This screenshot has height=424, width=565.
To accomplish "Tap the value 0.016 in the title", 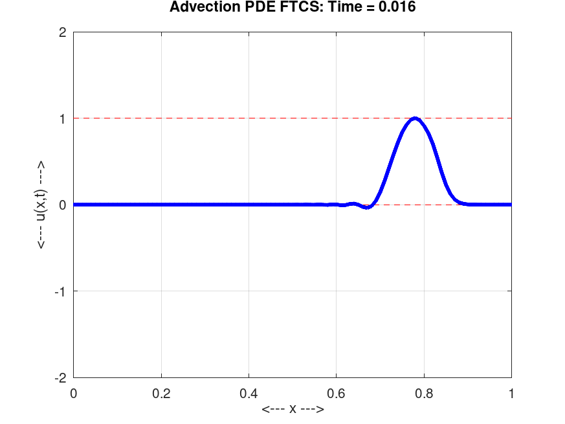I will (395, 8).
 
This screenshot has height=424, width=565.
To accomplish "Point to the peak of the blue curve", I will (415, 118).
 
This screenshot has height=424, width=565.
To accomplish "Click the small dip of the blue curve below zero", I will (367, 207).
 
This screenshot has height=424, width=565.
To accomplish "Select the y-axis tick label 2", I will (62, 32).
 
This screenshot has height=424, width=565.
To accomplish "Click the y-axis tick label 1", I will (62, 118).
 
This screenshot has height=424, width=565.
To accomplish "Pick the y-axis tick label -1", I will (60, 291).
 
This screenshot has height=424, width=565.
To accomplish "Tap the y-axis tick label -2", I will (60, 377).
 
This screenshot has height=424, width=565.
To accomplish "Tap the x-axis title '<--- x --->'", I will (292, 410).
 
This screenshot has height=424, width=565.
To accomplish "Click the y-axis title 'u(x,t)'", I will (41, 205).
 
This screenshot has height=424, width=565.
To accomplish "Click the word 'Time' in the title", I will (339, 8).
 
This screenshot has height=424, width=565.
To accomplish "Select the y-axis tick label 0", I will (62, 205).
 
